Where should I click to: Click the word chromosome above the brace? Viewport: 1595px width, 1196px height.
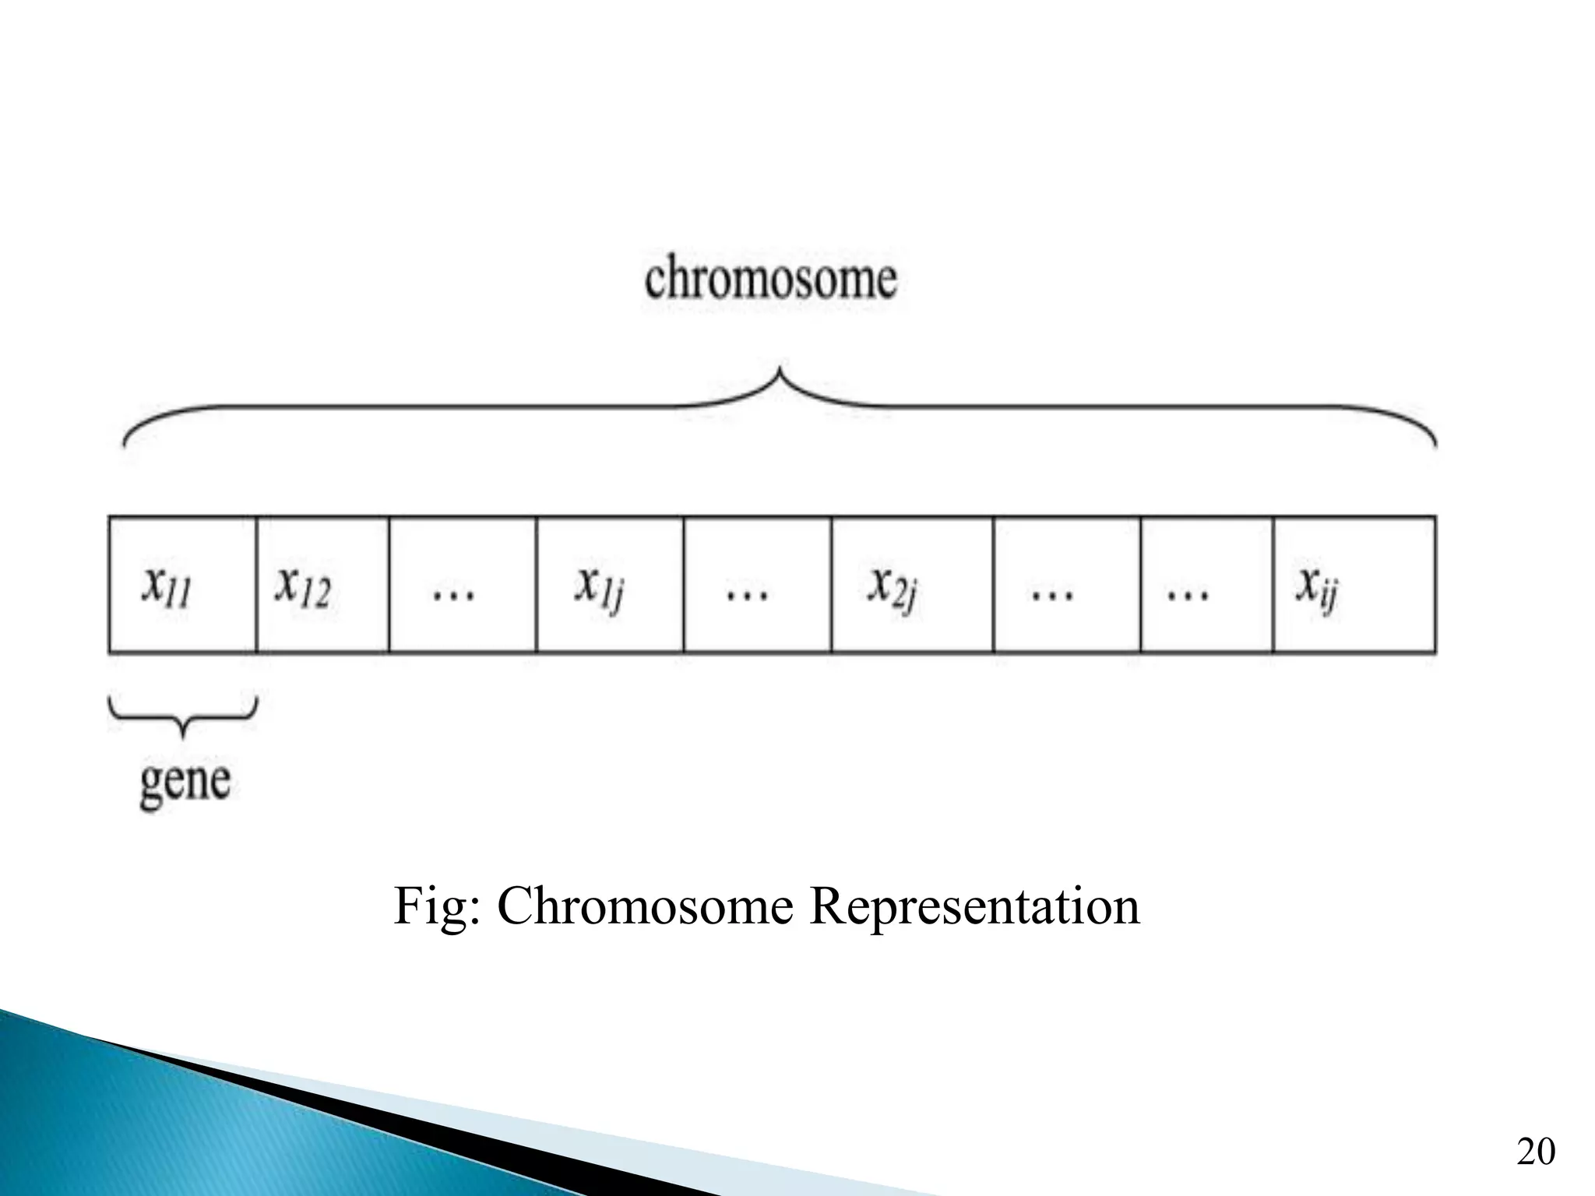(x=770, y=280)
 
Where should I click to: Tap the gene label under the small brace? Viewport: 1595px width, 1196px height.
(x=185, y=782)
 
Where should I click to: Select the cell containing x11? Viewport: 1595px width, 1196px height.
(x=182, y=584)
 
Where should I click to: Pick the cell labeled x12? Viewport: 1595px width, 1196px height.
(x=322, y=584)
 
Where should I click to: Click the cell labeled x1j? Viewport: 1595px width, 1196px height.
(x=610, y=584)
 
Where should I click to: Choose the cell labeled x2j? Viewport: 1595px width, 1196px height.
(x=912, y=584)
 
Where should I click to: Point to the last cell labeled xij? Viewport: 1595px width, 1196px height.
(x=1354, y=584)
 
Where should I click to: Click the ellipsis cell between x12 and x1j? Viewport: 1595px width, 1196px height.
(x=463, y=584)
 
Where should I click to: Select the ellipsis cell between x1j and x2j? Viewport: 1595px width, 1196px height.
(x=757, y=584)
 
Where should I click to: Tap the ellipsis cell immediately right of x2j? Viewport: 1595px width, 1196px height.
(x=1067, y=584)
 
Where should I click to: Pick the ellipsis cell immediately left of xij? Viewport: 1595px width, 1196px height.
(x=1206, y=584)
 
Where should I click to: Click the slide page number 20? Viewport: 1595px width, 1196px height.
(x=1536, y=1151)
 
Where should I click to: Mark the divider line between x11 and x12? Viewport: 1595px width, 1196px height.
(x=256, y=584)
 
